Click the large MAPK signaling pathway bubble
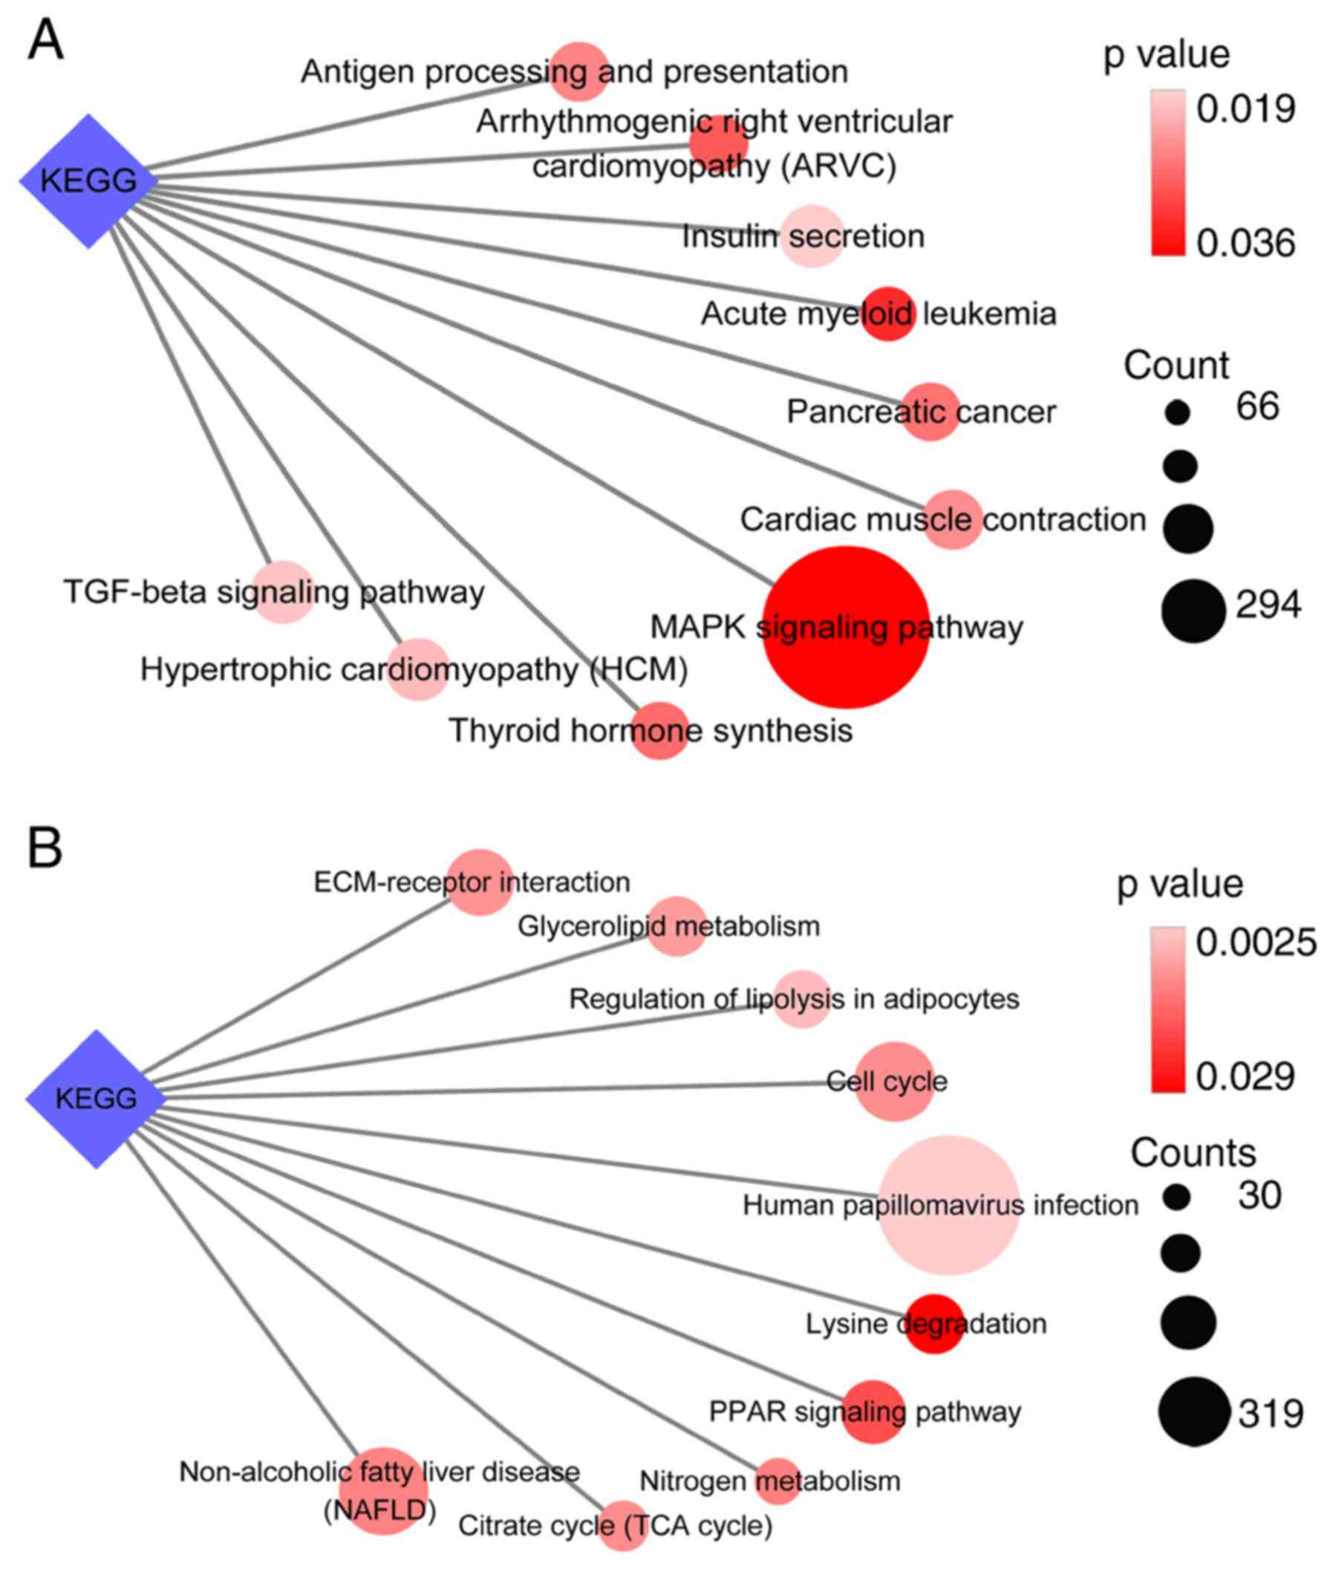click(x=846, y=627)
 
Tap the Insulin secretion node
click(x=812, y=235)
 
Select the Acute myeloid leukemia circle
click(x=889, y=314)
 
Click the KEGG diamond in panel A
click(x=88, y=181)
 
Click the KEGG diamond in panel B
click(x=96, y=1098)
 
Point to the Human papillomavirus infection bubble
click(x=948, y=1205)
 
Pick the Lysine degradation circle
click(x=935, y=1323)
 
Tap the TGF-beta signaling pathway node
click(x=283, y=592)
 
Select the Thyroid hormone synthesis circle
click(x=659, y=730)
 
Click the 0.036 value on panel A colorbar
click(x=1246, y=244)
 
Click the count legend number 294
click(x=1268, y=605)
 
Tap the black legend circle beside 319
click(x=1194, y=1411)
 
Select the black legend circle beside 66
click(x=1177, y=412)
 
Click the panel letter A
click(x=45, y=41)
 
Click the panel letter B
click(x=45, y=848)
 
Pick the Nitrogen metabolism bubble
click(x=778, y=1481)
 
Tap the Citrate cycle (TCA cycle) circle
click(x=622, y=1525)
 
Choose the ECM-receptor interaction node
click(x=480, y=882)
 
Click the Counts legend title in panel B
click(x=1193, y=1152)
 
